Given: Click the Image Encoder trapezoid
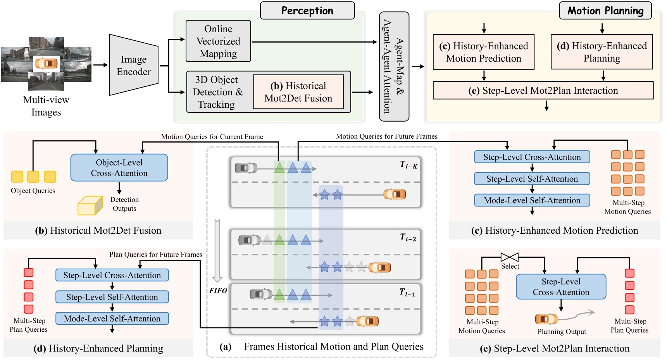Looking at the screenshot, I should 134,65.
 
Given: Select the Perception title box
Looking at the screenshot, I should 307,11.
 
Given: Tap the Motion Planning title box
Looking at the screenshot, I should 605,11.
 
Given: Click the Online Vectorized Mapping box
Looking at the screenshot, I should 218,41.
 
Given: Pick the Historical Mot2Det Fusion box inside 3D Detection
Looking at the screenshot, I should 298,92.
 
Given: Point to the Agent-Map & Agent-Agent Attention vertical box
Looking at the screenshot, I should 394,67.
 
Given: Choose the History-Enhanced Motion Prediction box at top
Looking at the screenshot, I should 483,52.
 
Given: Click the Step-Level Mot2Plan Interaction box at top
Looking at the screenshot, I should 543,91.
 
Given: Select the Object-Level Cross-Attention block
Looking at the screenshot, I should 119,168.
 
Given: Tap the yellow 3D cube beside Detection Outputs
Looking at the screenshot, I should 90,205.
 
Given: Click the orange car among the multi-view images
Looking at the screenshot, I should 46,64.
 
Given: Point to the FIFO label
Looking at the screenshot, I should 218,291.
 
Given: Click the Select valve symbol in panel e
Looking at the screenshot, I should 509,257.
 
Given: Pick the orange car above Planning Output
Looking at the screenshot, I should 546,319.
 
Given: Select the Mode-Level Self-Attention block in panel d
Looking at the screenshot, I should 112,319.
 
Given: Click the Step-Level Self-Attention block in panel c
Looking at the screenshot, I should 532,179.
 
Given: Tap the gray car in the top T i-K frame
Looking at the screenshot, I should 246,168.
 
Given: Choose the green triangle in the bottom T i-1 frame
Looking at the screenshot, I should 279,295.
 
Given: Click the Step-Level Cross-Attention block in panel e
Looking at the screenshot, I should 560,287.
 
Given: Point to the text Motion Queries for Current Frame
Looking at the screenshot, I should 212,136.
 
